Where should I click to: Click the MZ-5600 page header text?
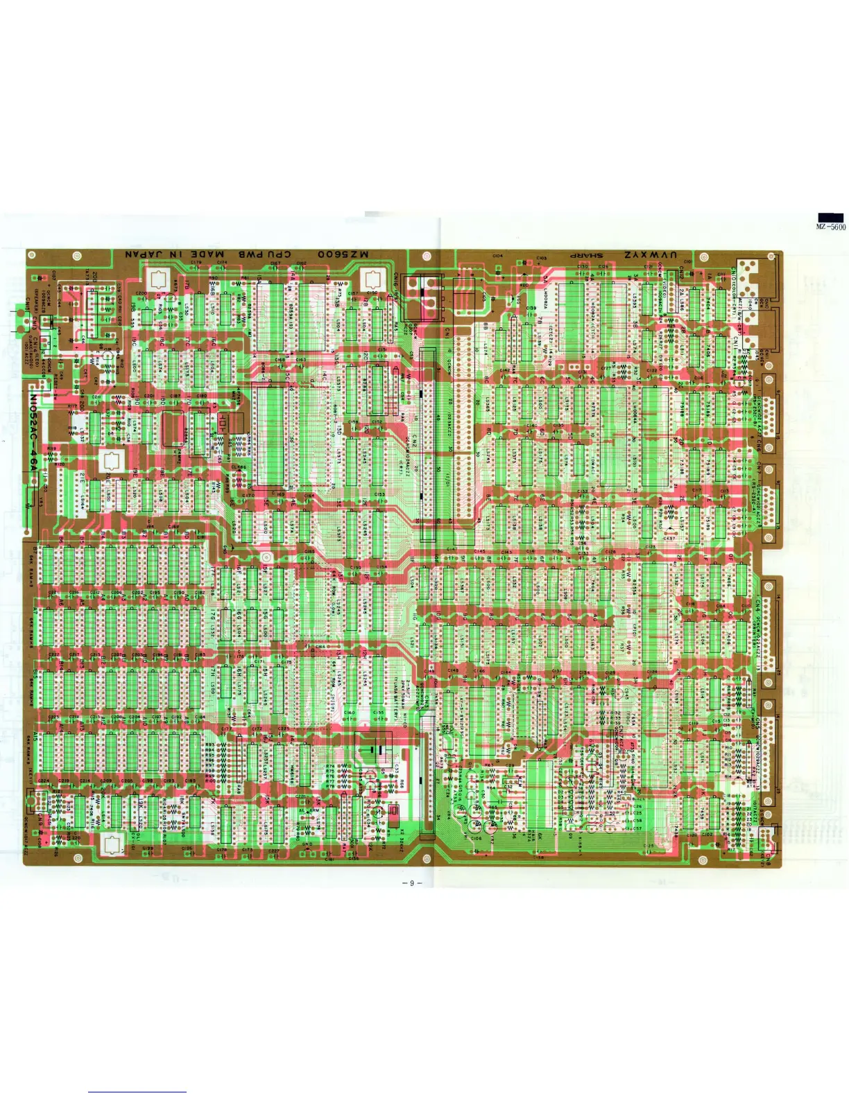point(831,227)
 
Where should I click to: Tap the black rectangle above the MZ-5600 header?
point(831,218)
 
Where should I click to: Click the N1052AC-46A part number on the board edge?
point(33,433)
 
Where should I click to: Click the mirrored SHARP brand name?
point(586,255)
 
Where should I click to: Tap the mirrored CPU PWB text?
point(266,254)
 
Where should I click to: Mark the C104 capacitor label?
point(497,256)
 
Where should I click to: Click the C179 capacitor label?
point(196,262)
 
